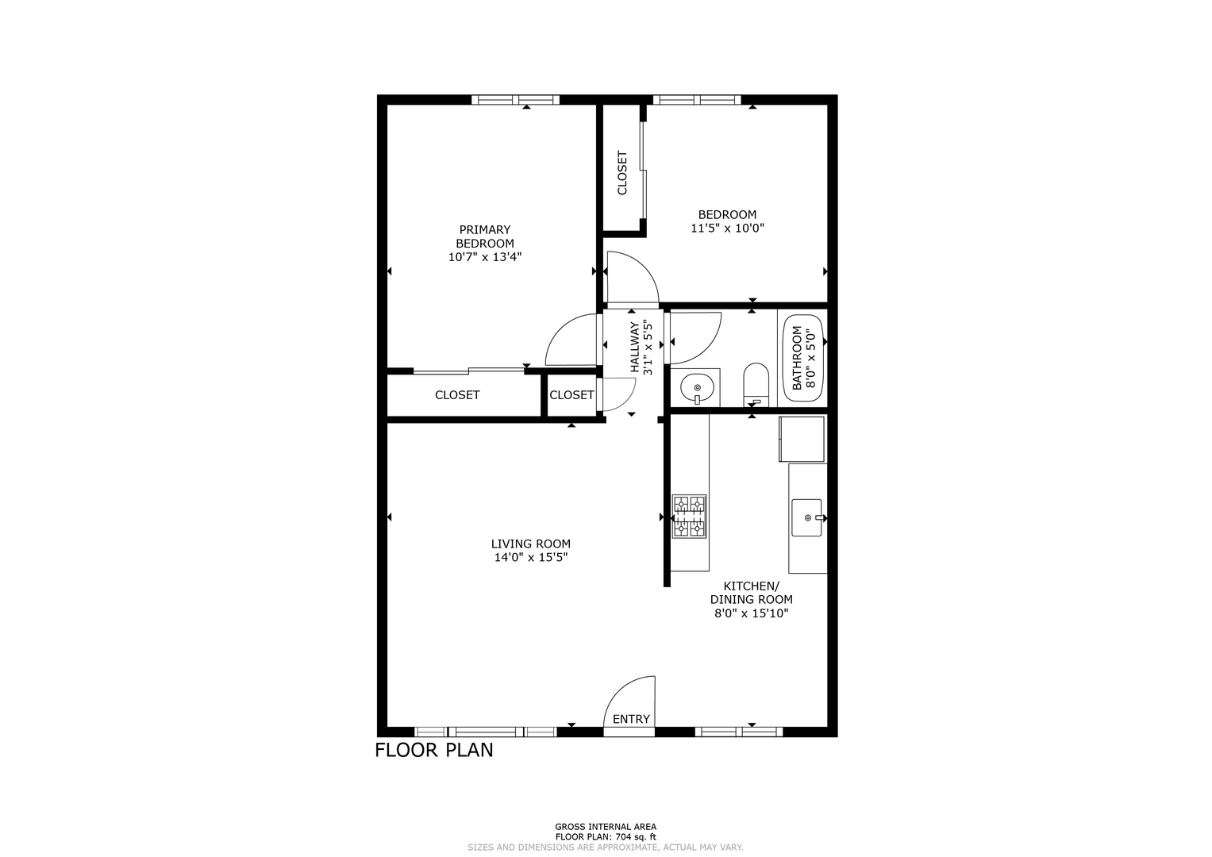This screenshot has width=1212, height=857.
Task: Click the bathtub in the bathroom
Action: tap(803, 358)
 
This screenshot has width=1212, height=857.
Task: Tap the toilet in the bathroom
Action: tap(756, 385)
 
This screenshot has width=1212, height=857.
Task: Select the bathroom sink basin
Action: tap(697, 388)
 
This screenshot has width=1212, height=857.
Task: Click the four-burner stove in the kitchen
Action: tap(689, 516)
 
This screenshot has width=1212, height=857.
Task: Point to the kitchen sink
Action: tap(806, 517)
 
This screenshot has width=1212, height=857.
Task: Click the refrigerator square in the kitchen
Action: tap(802, 438)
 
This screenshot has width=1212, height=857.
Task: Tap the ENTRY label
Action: tap(631, 719)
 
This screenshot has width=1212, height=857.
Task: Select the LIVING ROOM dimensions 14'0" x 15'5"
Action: tap(531, 557)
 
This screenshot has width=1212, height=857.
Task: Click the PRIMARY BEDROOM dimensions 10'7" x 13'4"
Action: tap(485, 257)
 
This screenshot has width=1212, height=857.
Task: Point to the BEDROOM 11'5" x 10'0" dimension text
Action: tap(727, 229)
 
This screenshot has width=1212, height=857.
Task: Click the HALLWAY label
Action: tap(635, 347)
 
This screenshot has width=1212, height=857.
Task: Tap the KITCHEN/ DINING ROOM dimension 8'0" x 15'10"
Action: tap(752, 613)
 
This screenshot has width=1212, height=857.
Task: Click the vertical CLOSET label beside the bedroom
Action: tap(622, 173)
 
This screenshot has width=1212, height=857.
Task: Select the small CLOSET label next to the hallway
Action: tap(571, 395)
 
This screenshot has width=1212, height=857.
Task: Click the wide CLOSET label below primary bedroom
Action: tap(457, 395)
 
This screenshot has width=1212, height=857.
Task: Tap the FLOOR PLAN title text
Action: tap(434, 750)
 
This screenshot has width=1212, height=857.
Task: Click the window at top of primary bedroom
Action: tap(515, 99)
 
